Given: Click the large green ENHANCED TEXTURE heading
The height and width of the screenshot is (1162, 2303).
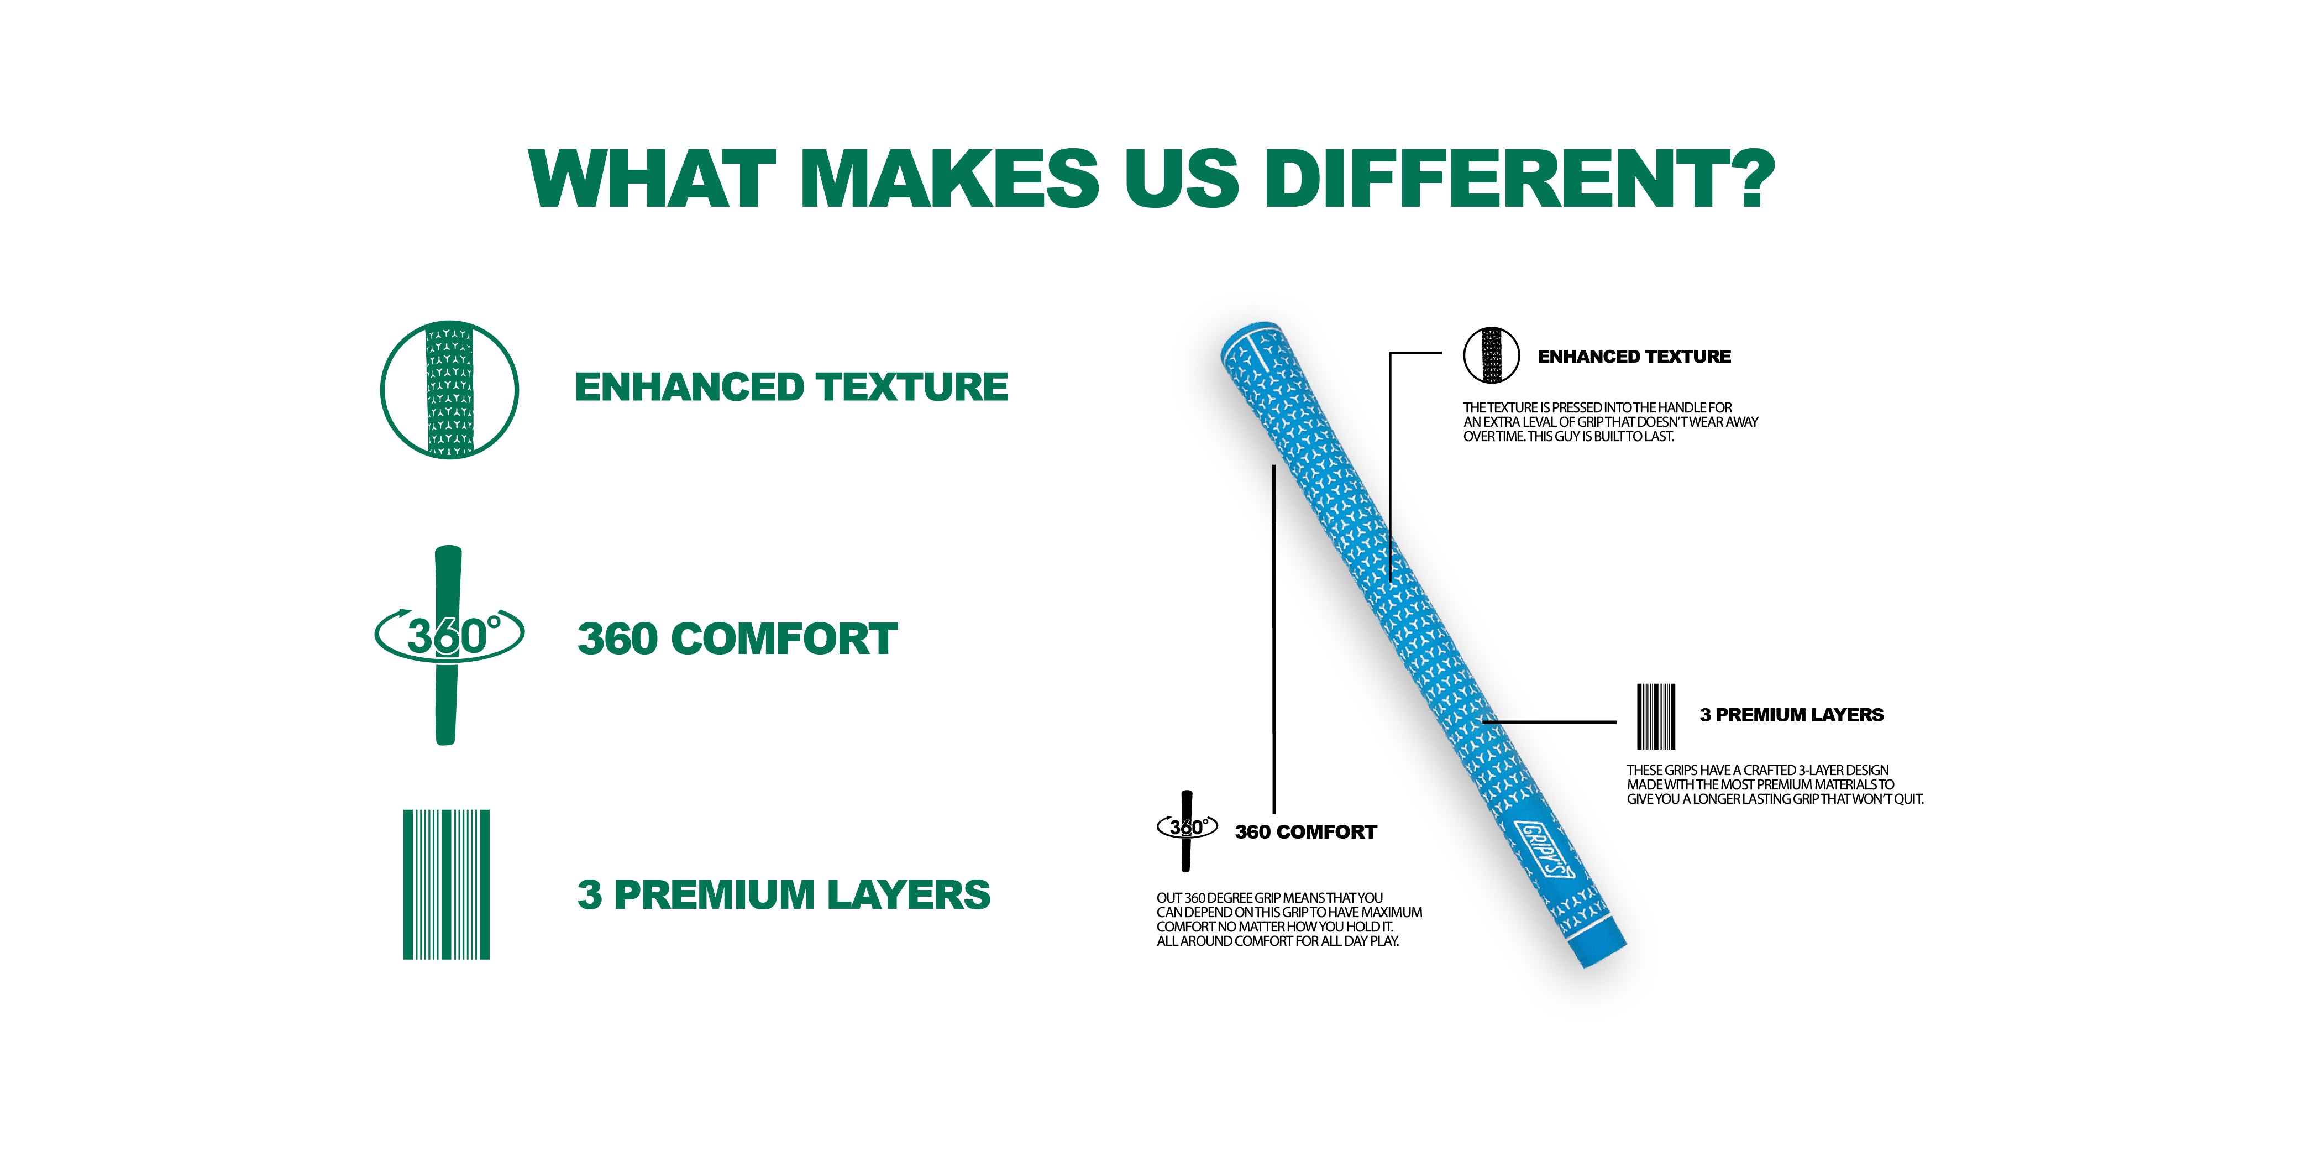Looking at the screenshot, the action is coord(791,388).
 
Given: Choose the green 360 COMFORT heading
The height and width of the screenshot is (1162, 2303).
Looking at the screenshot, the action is coord(738,638).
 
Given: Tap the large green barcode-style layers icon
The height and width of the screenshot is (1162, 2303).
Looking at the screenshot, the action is coord(446,884).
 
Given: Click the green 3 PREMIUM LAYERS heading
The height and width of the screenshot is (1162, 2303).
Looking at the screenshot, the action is coord(784,894).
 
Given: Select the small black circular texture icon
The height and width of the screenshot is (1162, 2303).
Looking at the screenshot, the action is coord(1491,355).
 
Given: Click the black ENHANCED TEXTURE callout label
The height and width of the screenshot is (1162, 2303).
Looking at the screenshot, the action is coord(1634,356).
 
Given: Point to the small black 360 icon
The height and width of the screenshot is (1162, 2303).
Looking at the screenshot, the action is coord(1187,830).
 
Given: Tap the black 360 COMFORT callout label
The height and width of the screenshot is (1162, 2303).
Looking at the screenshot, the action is coord(1305,832).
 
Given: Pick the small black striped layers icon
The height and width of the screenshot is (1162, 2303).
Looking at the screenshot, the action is coord(1656,716).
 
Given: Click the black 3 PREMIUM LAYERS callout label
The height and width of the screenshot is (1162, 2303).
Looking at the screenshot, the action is coord(1792,715).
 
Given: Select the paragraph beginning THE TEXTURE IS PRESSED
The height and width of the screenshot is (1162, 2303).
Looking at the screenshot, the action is coord(1610,421).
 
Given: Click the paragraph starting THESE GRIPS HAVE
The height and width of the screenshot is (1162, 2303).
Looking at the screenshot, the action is coord(1775,784).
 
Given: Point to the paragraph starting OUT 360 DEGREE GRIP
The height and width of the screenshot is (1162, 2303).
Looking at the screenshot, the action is coord(1289,919).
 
